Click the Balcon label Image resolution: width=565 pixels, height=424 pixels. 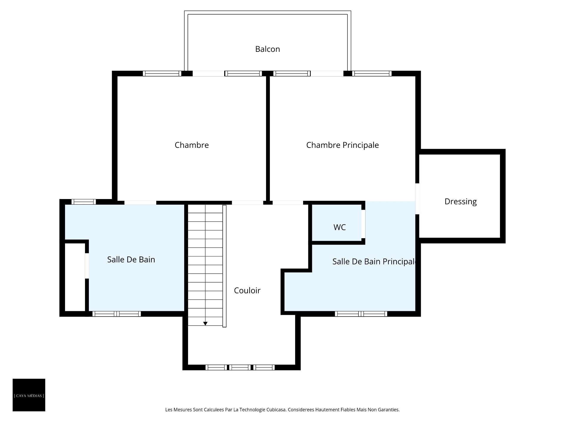267,49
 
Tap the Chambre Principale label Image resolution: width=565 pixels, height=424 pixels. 343,145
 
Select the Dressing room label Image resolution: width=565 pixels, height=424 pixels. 461,202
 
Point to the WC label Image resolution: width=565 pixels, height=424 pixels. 340,227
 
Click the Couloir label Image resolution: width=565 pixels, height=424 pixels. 247,291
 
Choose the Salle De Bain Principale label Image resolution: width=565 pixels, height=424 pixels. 374,261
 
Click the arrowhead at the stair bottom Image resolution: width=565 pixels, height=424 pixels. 205,324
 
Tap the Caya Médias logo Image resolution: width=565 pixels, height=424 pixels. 29,395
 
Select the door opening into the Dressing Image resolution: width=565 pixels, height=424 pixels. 417,199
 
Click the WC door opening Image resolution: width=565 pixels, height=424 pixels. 363,224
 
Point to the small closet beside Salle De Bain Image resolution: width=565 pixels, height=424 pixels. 75,277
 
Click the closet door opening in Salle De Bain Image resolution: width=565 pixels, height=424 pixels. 87,266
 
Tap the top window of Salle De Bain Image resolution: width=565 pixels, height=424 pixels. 84,202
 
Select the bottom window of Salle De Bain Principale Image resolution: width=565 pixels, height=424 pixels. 361,314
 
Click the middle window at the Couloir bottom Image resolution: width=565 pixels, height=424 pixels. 240,367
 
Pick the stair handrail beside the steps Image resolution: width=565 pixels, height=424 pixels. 225,266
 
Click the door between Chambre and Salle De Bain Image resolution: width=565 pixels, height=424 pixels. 140,203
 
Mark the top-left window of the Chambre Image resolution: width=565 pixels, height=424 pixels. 162,74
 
